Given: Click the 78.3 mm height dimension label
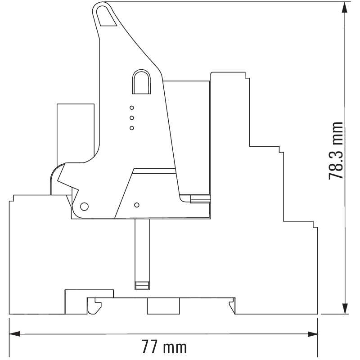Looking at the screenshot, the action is point(335,151).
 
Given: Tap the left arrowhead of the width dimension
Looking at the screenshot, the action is point(14,334).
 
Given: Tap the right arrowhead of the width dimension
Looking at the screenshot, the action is point(312,334).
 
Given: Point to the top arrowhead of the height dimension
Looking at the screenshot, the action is point(344,7).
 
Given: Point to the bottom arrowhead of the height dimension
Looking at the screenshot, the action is point(344,308).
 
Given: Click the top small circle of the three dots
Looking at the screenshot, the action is point(132,108).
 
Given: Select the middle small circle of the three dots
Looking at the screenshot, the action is point(132,118).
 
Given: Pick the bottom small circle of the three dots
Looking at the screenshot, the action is point(132,128).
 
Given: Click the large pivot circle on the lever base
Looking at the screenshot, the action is point(84,207).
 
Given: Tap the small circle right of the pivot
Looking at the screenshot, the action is point(137,205).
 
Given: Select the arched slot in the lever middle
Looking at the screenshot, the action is point(141,81).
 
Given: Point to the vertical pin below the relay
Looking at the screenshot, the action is point(142,254).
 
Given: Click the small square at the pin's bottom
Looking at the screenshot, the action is point(142,286).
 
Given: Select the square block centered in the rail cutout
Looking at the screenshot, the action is point(163,306).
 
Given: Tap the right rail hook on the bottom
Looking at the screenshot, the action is point(232,306).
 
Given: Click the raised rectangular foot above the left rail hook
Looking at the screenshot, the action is point(89,294).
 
